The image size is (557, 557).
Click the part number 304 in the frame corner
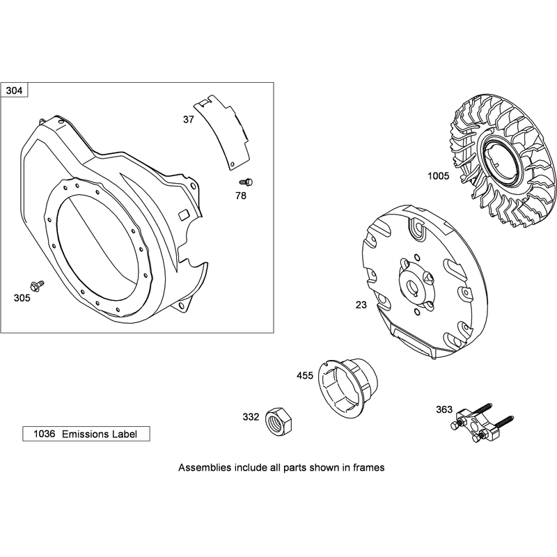[14, 91]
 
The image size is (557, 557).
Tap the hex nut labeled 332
[279, 421]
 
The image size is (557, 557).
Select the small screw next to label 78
[246, 182]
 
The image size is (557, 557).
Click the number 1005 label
[439, 176]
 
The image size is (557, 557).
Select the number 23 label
[361, 305]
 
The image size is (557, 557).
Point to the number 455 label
[305, 375]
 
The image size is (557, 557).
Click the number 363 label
[444, 409]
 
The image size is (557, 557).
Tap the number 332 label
[251, 416]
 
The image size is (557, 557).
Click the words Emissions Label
[100, 434]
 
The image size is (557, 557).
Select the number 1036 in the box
[45, 434]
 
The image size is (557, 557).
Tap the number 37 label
[189, 120]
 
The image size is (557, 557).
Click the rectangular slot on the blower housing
[184, 215]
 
